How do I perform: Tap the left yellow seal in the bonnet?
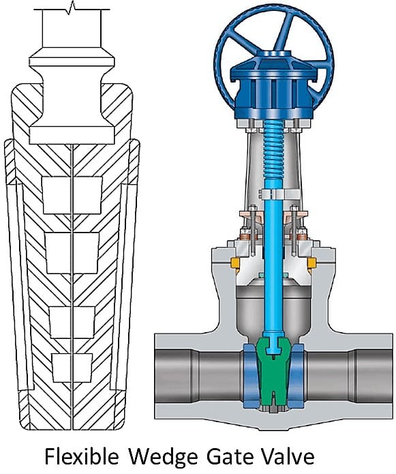tap(234, 263)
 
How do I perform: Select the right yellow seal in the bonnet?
tap(312, 263)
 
